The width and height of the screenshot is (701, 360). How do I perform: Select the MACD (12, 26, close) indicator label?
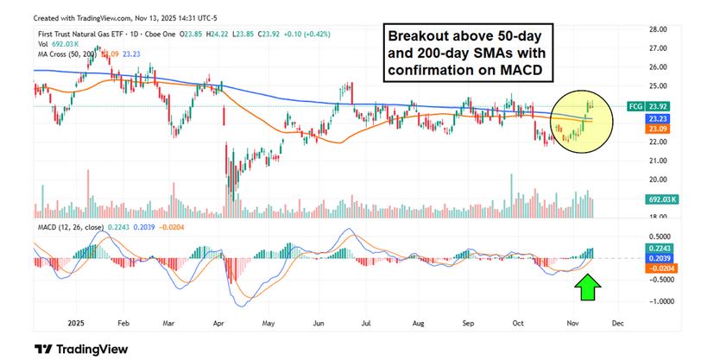pos(69,227)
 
